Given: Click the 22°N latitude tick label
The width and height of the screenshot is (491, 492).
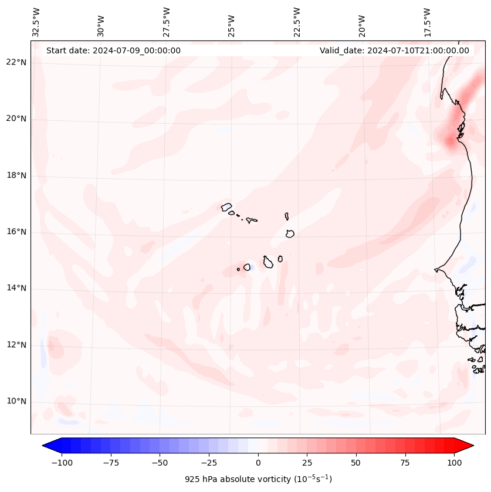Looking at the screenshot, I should click(16, 63).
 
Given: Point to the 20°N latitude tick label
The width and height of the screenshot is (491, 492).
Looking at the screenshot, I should click(16, 119).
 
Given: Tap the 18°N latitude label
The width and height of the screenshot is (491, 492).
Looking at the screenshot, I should click(16, 175).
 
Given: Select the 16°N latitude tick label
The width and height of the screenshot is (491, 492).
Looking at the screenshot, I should click(16, 232).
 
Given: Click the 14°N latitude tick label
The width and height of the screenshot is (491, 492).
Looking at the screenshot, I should click(16, 289).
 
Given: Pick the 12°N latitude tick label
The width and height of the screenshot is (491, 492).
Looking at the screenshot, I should click(16, 345).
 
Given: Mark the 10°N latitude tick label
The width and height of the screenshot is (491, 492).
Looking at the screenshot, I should click(16, 402).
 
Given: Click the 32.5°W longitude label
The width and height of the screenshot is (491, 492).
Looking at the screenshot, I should click(36, 22).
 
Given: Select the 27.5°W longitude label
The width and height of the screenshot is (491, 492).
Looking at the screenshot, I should click(167, 22).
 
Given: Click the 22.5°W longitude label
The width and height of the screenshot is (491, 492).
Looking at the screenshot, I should click(297, 22).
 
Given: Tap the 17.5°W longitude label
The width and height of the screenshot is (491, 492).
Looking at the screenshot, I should click(428, 22).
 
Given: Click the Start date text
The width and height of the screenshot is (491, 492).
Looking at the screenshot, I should click(113, 50).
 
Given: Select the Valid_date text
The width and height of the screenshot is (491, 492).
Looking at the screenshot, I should click(394, 50).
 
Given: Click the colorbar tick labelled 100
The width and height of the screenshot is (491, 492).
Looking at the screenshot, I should click(454, 463).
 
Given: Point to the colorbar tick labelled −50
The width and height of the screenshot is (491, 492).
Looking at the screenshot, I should click(160, 463).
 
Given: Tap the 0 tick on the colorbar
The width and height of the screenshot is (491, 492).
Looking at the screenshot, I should click(258, 463).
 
